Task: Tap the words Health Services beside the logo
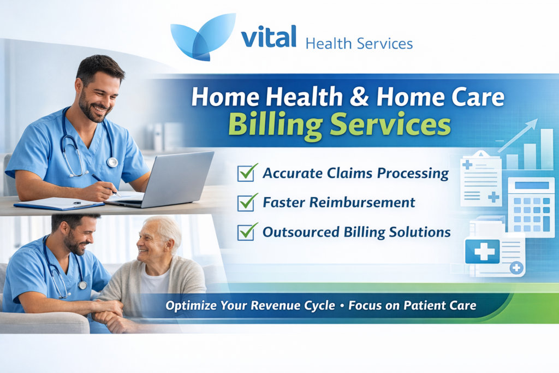pyautogui.click(x=359, y=43)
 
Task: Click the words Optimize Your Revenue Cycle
pyautogui.click(x=250, y=306)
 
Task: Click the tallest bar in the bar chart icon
pyautogui.click(x=546, y=149)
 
